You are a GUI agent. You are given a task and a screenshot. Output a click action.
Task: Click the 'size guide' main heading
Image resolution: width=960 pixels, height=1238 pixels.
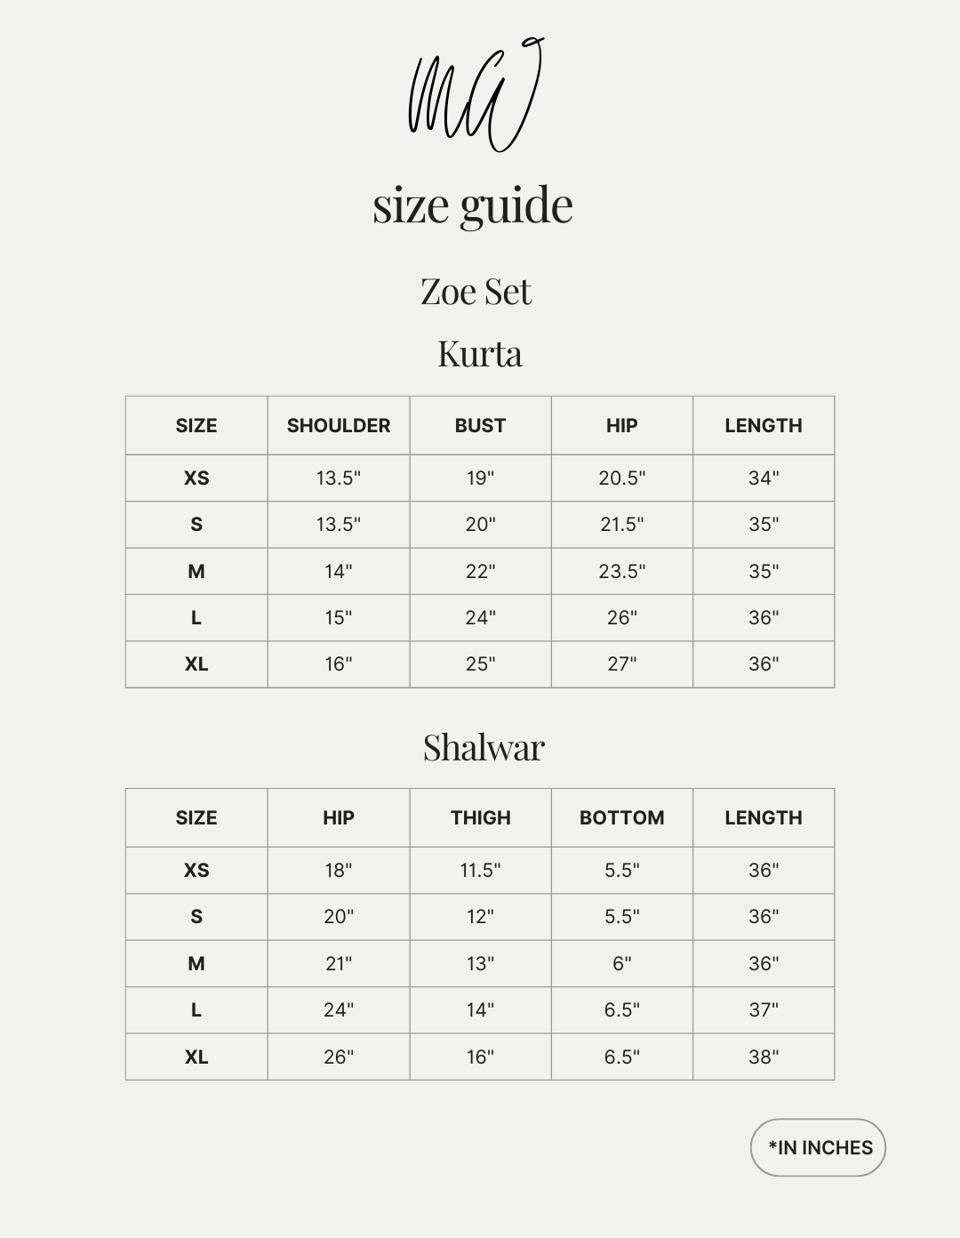[x=473, y=205]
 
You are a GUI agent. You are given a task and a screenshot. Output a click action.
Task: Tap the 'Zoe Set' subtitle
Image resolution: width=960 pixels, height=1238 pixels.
[x=476, y=292]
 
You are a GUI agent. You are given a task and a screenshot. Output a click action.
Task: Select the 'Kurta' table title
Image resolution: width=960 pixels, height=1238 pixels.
[x=480, y=353]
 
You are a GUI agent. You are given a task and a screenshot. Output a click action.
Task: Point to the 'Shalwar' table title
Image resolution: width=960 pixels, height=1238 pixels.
[x=484, y=747]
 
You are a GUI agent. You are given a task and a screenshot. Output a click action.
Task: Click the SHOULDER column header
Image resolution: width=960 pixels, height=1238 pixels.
[x=339, y=425]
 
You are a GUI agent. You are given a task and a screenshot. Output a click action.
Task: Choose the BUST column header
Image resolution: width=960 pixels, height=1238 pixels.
[x=480, y=425]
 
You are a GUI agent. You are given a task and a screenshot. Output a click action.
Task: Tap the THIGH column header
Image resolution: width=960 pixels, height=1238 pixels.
[x=480, y=817]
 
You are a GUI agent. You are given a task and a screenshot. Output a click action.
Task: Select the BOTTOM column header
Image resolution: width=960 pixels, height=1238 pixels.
[x=621, y=817]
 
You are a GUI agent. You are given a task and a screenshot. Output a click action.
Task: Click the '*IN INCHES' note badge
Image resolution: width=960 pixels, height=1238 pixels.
[x=819, y=1147]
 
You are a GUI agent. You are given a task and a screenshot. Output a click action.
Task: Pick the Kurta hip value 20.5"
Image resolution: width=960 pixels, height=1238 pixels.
[x=621, y=478]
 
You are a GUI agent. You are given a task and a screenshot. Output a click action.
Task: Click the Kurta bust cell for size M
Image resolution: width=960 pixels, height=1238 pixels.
[x=480, y=571]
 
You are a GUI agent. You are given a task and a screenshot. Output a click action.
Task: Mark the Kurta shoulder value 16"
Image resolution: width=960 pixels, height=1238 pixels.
[x=339, y=663]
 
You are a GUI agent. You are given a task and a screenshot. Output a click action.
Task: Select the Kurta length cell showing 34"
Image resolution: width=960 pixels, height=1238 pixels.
[x=764, y=478]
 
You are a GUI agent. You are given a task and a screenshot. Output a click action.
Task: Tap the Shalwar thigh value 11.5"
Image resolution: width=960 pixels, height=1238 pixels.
[x=480, y=870]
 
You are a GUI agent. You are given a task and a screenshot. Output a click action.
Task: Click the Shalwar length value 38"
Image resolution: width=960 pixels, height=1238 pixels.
[x=764, y=1057]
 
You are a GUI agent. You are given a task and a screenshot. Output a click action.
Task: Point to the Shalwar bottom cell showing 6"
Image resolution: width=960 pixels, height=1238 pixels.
[x=621, y=963]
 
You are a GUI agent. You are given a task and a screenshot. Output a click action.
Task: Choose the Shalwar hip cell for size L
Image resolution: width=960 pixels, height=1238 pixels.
[x=339, y=1009]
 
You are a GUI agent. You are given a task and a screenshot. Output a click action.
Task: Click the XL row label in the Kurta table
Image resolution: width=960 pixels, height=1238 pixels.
[x=196, y=663]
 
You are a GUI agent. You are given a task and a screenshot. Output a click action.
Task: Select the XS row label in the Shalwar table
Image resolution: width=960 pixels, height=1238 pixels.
[x=196, y=870]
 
